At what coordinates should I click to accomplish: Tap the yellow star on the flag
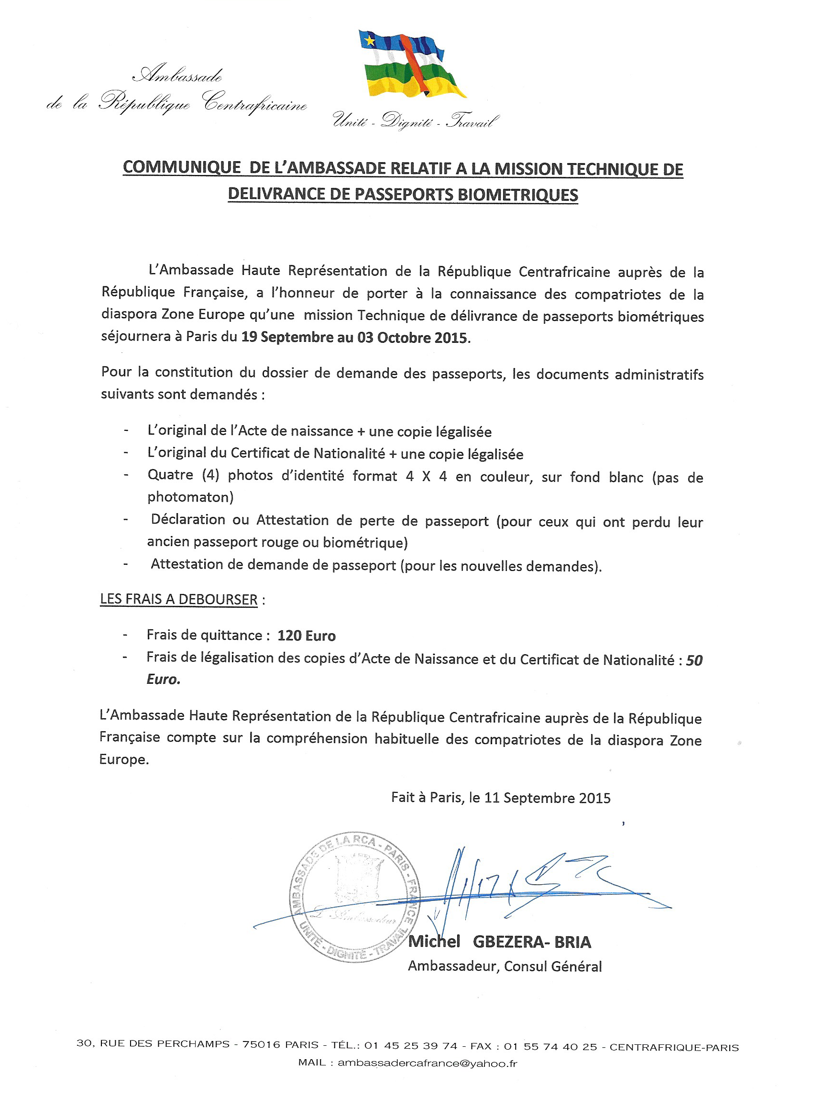370,40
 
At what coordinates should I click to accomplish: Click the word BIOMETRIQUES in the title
517,195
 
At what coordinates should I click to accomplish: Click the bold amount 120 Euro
306,636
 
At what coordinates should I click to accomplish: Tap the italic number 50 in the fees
694,660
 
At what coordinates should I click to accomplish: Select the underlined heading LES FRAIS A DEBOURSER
178,600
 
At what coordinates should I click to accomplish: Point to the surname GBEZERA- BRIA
531,943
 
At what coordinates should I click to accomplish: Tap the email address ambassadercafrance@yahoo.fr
427,1063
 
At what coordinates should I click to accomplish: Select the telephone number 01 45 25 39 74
411,1045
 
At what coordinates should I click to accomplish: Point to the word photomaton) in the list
190,497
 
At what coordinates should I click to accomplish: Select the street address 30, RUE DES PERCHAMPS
153,1043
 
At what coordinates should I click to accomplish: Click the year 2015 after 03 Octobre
450,338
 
